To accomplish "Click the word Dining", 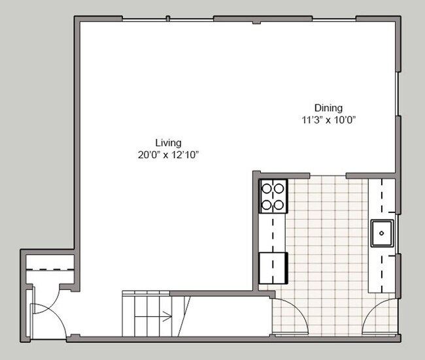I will [x=328, y=108].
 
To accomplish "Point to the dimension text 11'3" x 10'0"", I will [x=328, y=120].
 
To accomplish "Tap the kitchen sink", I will [x=382, y=233].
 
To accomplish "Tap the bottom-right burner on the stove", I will [x=279, y=205].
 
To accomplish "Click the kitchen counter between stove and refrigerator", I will [x=272, y=232].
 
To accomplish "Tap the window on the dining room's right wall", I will [x=398, y=95].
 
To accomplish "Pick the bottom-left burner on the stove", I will [x=267, y=205].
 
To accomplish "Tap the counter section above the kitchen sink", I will [x=381, y=199].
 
